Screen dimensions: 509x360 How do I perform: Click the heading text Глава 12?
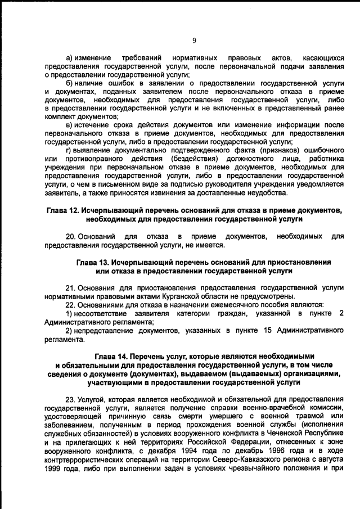click(x=65, y=210)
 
